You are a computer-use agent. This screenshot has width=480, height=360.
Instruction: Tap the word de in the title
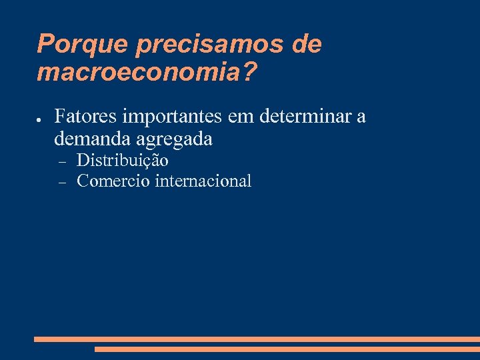307,45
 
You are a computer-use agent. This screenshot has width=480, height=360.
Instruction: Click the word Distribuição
123,161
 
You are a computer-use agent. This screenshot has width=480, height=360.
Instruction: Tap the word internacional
203,181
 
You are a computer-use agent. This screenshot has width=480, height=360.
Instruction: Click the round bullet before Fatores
40,119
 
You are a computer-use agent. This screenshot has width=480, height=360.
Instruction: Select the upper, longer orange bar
257,339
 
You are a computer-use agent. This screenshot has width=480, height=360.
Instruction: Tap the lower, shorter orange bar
287,349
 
